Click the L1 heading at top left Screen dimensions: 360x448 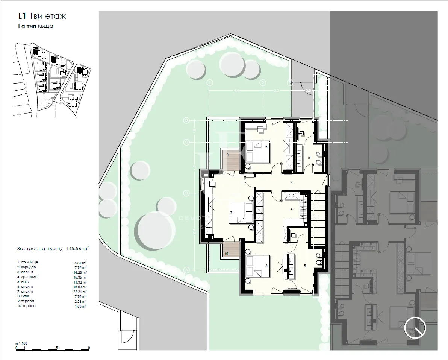tap(22, 16)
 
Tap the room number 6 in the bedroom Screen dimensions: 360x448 tap(266, 147)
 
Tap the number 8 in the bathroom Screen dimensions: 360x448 tap(309, 158)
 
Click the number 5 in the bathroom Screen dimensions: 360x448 tap(305, 266)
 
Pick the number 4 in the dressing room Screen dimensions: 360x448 tap(291, 209)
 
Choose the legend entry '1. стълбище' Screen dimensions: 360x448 tap(28, 262)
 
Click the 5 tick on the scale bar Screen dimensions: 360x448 tap(56, 348)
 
